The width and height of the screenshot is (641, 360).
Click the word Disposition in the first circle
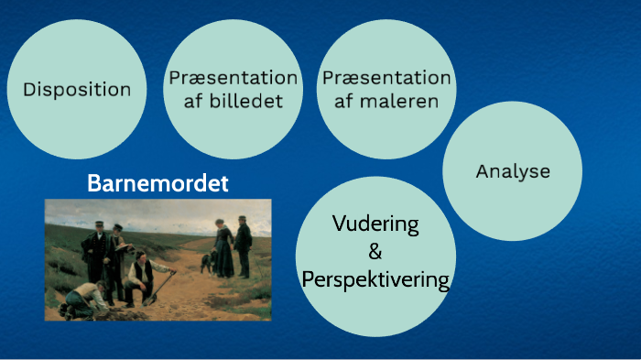tap(77, 90)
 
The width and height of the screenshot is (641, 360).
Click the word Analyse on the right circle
tap(513, 171)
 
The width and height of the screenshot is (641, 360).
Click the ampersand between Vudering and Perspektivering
tap(375, 252)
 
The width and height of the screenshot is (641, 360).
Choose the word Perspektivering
tap(375, 279)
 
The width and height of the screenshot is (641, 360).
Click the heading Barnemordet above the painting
tap(158, 183)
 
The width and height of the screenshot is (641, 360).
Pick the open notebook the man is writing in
tap(123, 245)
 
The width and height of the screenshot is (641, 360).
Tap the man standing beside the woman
tap(244, 245)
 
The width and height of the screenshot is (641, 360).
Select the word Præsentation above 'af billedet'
tap(233, 78)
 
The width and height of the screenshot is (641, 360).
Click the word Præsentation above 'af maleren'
tap(386, 78)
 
